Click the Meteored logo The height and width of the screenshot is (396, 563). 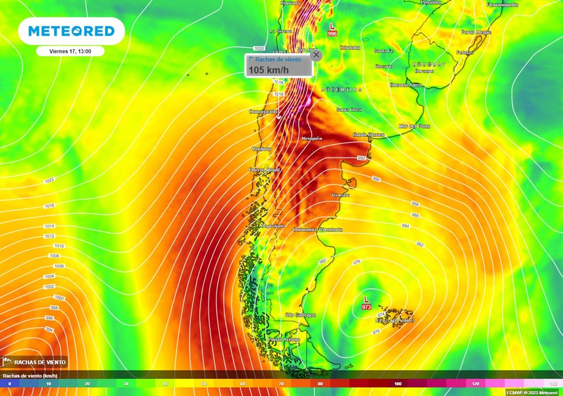coord(71,31)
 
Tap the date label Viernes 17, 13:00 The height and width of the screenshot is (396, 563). coord(70,51)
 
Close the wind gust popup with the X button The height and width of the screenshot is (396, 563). coord(316,55)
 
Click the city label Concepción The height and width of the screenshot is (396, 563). coord(263,112)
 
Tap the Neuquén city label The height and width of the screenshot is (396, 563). coord(312,138)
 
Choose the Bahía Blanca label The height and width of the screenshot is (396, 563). coord(369,135)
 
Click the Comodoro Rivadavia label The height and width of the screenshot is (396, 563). coord(318,229)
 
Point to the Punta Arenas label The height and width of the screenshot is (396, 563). coord(284,339)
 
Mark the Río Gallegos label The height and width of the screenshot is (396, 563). coord(301,315)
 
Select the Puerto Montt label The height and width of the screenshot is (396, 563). coord(265,170)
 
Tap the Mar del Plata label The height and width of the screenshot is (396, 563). coord(415,126)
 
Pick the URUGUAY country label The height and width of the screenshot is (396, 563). coord(429,64)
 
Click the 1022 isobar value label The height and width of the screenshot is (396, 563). coord(49,180)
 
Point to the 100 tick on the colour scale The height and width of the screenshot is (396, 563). coord(398,383)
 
